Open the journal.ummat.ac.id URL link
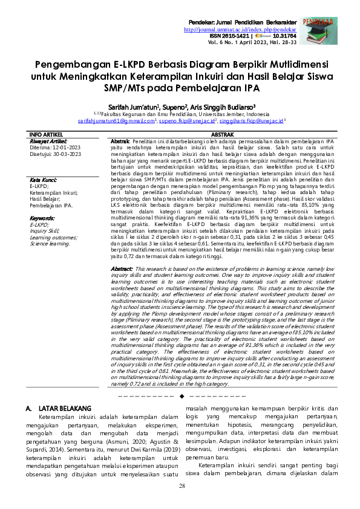(240, 29)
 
